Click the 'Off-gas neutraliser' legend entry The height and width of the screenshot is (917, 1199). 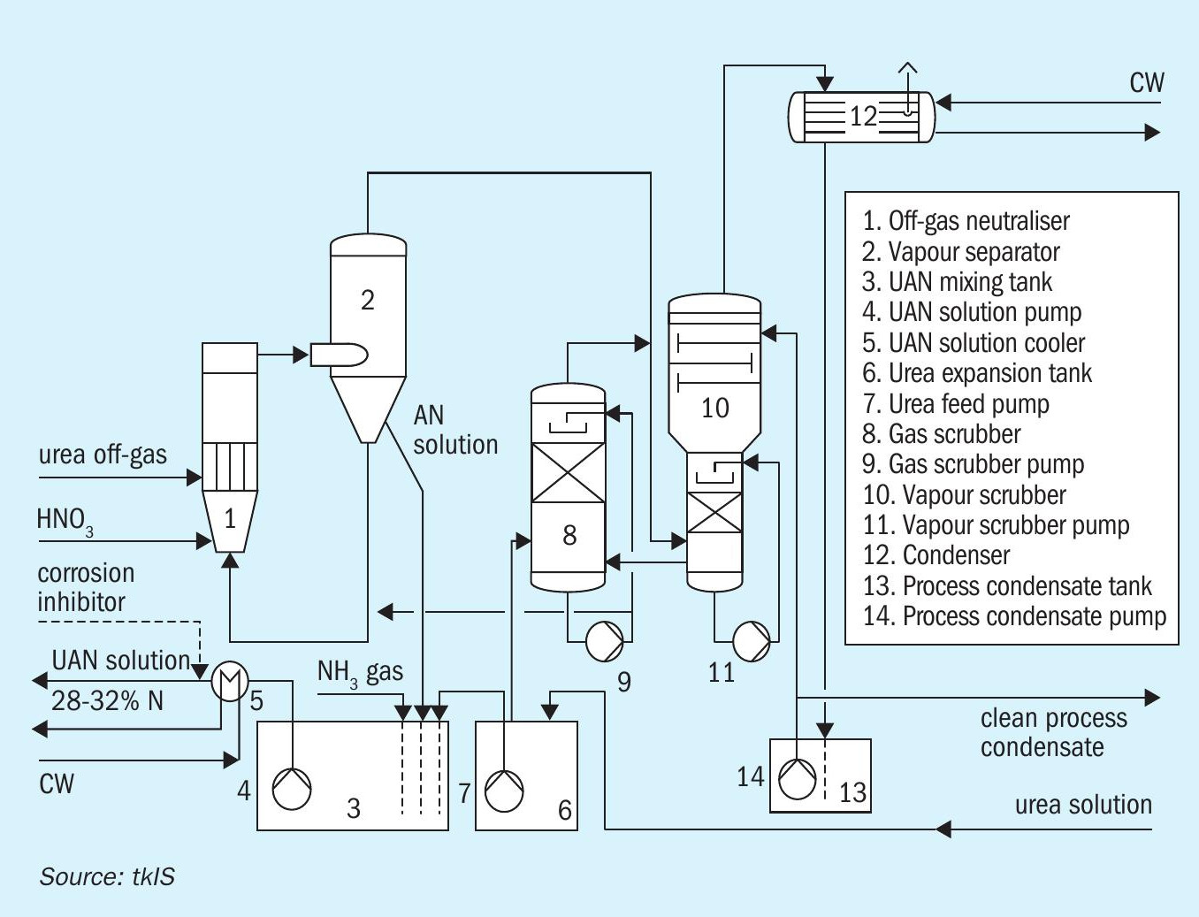tap(966, 221)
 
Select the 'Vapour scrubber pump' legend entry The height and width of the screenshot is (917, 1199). tap(996, 525)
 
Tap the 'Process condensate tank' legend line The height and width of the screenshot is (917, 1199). tap(1007, 586)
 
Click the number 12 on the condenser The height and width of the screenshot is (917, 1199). tap(864, 116)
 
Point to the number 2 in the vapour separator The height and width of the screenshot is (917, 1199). tap(368, 300)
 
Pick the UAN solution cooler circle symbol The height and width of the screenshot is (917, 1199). tap(230, 681)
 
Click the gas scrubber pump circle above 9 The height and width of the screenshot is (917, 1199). tap(604, 641)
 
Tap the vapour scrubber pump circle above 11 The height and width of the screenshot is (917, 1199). tap(752, 641)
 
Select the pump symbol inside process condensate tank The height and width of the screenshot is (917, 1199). tap(798, 779)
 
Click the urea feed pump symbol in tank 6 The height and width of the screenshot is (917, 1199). tap(504, 791)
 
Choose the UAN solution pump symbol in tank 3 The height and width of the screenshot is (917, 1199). tap(292, 789)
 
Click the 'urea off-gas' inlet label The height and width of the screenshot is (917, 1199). tap(103, 455)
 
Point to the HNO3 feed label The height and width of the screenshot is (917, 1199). tap(65, 521)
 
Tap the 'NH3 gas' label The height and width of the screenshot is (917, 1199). tap(361, 673)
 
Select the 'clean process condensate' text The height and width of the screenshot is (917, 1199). tap(1054, 733)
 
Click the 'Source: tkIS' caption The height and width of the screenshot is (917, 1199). tap(107, 876)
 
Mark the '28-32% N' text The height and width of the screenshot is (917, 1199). tap(107, 700)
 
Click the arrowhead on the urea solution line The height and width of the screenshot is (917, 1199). tap(943, 829)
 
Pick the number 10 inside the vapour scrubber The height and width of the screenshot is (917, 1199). tap(715, 408)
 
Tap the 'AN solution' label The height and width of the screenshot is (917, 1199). tap(455, 430)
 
